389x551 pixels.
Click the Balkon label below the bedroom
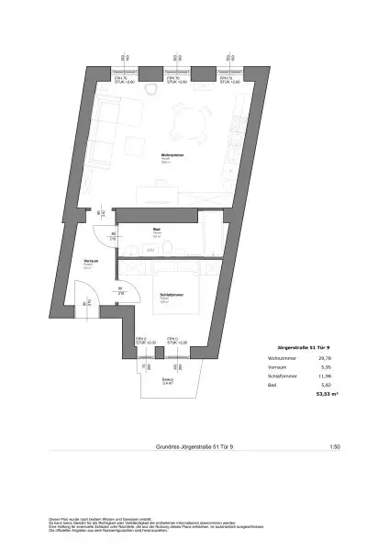166,380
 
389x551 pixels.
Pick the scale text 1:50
334,446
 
